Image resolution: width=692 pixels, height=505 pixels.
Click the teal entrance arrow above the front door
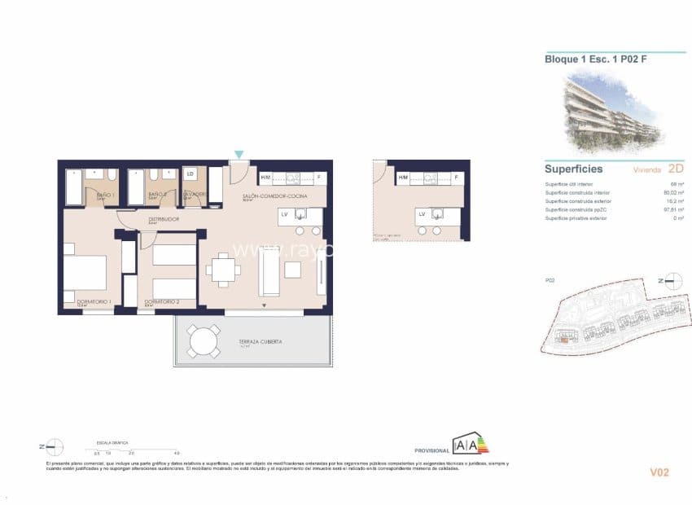(x=239, y=154)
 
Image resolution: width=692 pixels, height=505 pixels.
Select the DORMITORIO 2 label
(x=162, y=302)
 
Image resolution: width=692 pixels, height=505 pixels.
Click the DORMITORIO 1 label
(x=94, y=302)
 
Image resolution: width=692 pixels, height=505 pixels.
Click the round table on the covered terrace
(x=204, y=341)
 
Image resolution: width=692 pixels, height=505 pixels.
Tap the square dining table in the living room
(x=222, y=269)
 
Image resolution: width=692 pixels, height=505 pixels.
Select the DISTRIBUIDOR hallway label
(x=164, y=219)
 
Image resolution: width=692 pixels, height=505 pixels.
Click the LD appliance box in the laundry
(x=191, y=174)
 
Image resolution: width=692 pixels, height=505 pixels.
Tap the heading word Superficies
(x=573, y=169)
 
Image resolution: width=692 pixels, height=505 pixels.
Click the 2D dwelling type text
(x=675, y=169)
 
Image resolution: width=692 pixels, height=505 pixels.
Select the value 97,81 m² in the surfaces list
(x=671, y=209)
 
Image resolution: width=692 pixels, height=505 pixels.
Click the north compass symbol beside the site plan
(x=672, y=282)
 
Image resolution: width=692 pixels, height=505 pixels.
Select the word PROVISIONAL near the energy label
(x=431, y=450)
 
